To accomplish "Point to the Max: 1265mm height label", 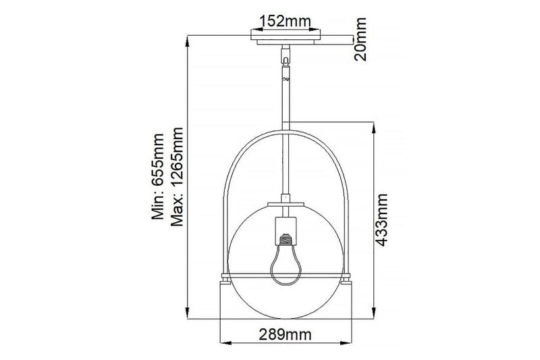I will (x=179, y=177).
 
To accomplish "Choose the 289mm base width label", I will (x=286, y=334).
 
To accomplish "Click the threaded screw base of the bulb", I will (x=286, y=238).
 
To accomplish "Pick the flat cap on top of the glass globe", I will (x=286, y=204).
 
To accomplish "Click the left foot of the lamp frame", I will (x=225, y=278).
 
